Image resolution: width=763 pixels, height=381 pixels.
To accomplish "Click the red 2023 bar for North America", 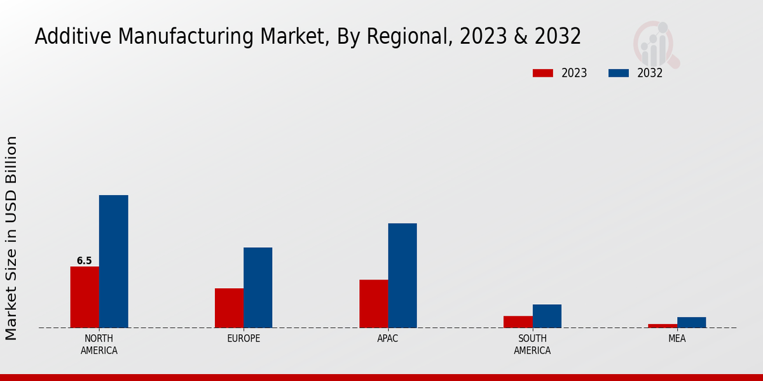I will pos(85,297).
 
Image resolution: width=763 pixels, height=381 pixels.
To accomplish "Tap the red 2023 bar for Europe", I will pos(229,308).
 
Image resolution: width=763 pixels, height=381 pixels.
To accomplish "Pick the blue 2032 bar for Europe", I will pos(258,288).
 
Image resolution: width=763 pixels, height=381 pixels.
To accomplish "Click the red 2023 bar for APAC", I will pos(373,304).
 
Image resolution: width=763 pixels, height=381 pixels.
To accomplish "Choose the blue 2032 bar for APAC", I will pos(402,276).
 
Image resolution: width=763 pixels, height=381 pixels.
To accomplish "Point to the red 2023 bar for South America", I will pos(518,322).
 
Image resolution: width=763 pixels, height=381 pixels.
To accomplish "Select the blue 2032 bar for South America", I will pos(547,316).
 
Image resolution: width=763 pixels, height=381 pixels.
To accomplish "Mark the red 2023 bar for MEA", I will pos(663,326).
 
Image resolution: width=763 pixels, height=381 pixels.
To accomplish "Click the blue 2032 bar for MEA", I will pos(691,323).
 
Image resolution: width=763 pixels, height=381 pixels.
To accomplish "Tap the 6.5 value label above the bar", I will pos(85,261).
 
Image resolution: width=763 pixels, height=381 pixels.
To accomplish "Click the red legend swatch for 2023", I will pos(543,73).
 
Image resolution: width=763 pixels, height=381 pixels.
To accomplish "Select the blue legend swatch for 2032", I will pos(619,73).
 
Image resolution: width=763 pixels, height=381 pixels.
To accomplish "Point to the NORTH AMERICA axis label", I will pos(99,344).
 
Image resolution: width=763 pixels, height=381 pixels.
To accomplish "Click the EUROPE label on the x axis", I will pos(244,338).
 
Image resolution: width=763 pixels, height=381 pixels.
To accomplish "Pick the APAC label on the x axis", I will pos(388,338).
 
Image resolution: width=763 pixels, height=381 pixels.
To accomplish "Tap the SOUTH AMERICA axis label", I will pos(532,344).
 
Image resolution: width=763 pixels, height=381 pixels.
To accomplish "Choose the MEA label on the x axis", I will pos(677,338).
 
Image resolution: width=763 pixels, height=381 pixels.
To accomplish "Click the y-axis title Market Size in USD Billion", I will pos(12,238).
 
